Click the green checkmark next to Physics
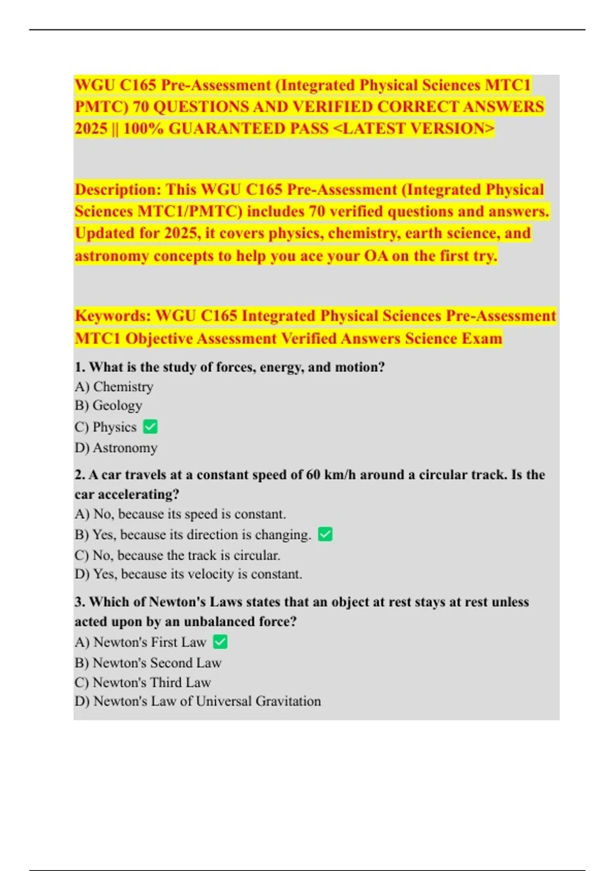tap(150, 427)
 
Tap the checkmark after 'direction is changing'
tap(325, 534)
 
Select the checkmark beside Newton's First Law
tap(220, 642)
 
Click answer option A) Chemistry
tap(114, 387)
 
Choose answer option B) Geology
tap(108, 405)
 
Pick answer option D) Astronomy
tap(116, 448)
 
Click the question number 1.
tap(79, 367)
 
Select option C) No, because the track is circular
tap(177, 555)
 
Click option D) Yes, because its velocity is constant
tap(188, 574)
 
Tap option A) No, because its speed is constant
tap(180, 514)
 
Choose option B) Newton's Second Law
tap(148, 663)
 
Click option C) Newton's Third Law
tap(142, 682)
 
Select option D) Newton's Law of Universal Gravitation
tap(197, 701)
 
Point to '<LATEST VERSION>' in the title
tap(414, 128)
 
